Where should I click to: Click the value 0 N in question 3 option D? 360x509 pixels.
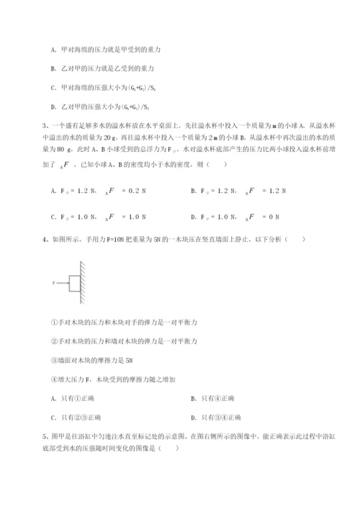pyautogui.click(x=271, y=215)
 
